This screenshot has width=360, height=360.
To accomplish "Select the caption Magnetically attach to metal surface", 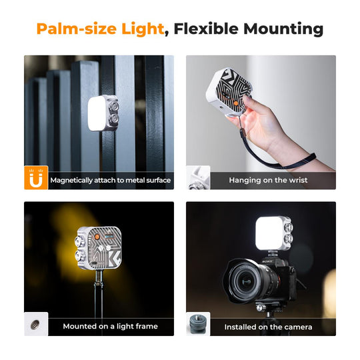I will [x=110, y=180].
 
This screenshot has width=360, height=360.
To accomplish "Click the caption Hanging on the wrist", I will [x=268, y=180].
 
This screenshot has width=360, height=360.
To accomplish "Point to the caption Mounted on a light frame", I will [x=110, y=326].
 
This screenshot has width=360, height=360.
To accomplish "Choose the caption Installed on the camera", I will [x=268, y=327].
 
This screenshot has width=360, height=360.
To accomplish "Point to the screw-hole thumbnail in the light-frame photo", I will [x=36, y=324].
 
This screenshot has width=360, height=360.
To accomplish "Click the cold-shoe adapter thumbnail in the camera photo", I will [x=198, y=324].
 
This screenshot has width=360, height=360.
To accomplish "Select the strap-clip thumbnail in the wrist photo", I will [x=198, y=178].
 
